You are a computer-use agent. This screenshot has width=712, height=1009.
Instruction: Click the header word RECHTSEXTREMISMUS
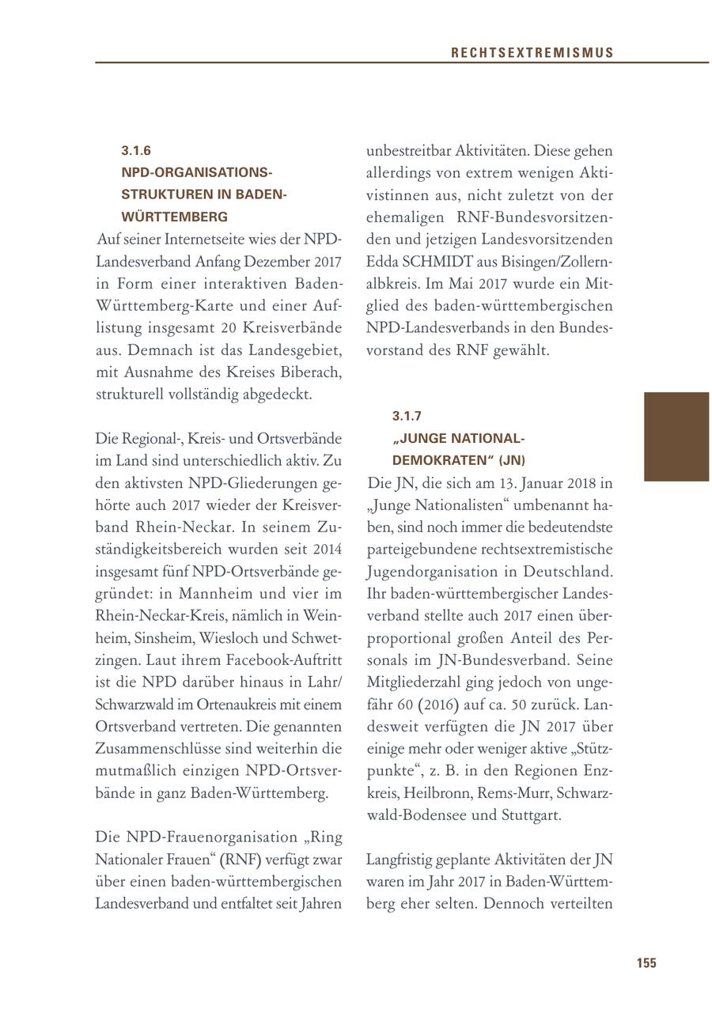tap(532, 53)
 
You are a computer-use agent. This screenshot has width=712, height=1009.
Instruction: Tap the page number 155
tap(646, 962)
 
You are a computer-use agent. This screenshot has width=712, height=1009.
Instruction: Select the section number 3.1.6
tap(136, 150)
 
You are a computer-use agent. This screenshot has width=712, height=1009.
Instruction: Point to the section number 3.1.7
tap(407, 416)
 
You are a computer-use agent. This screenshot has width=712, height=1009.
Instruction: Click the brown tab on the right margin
tap(676, 436)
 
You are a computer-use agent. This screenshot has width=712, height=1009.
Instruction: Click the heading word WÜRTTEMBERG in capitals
tap(174, 217)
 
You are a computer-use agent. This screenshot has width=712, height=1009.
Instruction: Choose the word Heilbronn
tap(437, 792)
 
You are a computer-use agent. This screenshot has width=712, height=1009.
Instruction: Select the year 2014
tap(326, 548)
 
